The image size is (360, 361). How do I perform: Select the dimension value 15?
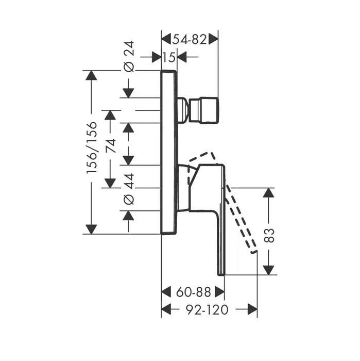[x=169, y=57]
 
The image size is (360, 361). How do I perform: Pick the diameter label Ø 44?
[x=129, y=189]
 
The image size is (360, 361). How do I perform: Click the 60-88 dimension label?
[x=193, y=292]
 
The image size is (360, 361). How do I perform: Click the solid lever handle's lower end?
[x=221, y=271]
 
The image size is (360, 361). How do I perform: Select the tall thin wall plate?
[x=169, y=152]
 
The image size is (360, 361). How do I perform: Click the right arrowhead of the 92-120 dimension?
[x=252, y=309]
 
